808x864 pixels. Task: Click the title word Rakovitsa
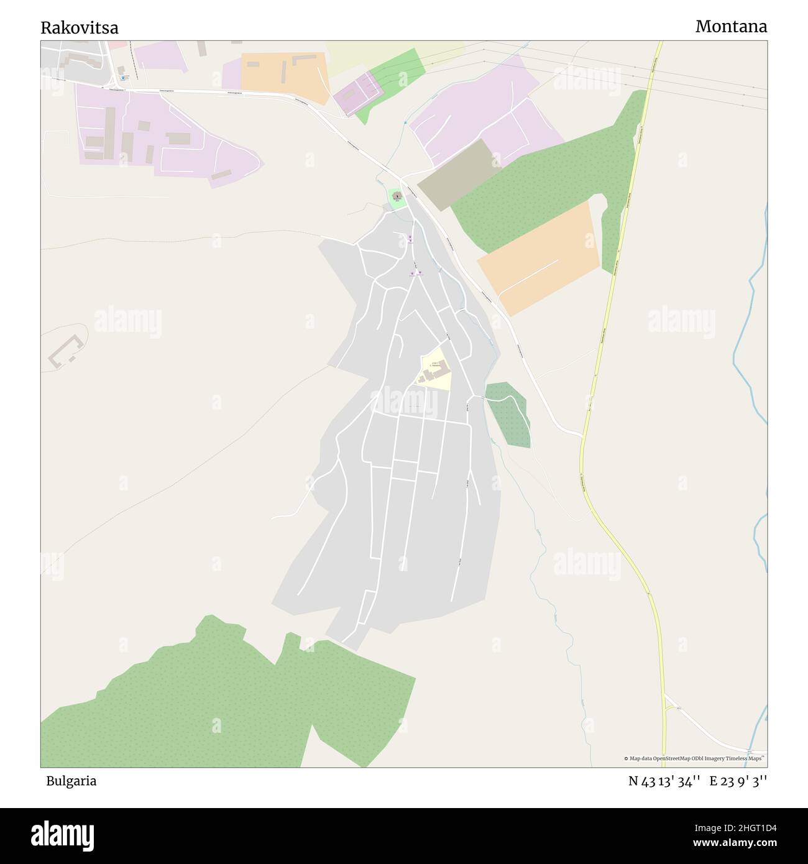point(80,28)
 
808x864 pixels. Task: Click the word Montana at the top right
point(731,27)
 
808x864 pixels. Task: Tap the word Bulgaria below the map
point(71,781)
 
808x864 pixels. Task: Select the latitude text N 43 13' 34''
point(664,781)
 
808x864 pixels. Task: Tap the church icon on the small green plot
point(397,196)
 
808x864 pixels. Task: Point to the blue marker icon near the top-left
point(123,77)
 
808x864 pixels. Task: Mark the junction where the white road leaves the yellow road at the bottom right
point(664,697)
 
